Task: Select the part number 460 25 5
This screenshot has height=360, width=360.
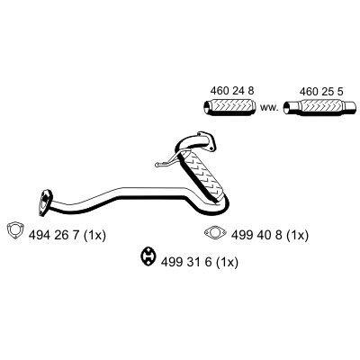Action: pos(321,91)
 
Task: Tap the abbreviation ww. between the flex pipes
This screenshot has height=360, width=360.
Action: pos(269,108)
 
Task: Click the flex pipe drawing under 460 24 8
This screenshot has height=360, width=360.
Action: pos(229,106)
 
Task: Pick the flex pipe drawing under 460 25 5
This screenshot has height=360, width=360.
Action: pos(320,107)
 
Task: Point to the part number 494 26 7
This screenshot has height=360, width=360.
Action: pos(54,236)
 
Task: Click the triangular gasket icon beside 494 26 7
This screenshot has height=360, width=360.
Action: pos(15,230)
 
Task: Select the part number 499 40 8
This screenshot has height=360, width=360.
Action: pos(256,235)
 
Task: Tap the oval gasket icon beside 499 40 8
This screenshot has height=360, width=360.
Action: pos(215,233)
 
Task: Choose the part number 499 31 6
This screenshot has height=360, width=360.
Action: pos(186,263)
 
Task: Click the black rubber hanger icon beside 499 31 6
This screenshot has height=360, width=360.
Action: pos(148,256)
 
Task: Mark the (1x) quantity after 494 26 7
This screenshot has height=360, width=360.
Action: pos(94,236)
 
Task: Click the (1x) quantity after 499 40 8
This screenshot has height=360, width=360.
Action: pos(297,235)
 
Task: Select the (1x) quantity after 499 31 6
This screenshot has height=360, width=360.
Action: pos(227,263)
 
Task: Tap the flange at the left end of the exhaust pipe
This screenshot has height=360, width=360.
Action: pos(45,202)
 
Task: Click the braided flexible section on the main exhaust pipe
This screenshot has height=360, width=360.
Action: pos(202,177)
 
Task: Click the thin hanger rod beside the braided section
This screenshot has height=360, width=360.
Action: pos(166,162)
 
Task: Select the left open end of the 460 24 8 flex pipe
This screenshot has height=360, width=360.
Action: pos(207,106)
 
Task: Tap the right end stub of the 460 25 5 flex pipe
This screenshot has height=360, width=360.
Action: pos(351,107)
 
